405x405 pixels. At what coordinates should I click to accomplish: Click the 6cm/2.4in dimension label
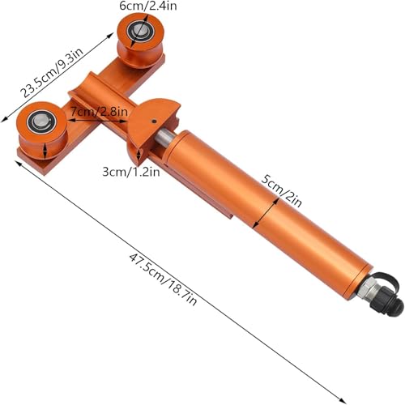148,6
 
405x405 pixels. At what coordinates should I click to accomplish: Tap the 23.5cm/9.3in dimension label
52,73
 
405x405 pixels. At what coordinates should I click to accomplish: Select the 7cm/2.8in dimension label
99,111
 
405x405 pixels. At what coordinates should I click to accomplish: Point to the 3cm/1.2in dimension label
131,172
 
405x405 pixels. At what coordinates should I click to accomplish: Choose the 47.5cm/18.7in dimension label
163,279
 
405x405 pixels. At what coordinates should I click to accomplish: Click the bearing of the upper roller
140,32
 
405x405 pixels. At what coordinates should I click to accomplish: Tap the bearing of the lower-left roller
42,122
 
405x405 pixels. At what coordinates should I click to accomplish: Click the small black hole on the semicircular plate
154,122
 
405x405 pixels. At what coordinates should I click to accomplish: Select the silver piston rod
164,137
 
